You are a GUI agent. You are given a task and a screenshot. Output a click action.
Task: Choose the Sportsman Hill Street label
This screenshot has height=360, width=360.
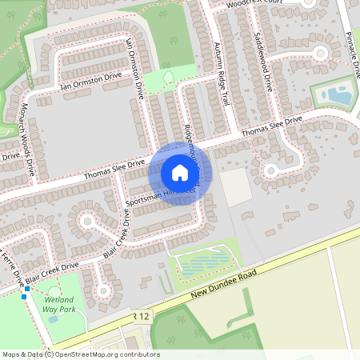coord(159,194)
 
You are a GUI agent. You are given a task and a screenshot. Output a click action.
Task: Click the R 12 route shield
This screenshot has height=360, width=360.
coord(142,317)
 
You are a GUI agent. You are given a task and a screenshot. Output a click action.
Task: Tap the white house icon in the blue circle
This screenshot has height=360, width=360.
coord(179,173)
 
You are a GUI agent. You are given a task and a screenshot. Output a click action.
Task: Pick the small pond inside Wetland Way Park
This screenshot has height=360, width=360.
coord(53,318)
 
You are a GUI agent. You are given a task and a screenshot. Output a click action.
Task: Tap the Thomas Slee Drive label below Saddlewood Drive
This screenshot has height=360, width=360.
coord(272,126)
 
